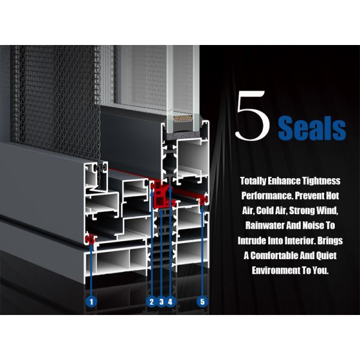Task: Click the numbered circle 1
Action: tap(92, 301)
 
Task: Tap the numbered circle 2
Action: tap(151, 301)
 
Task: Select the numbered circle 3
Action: tap(161, 301)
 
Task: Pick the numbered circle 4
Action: tap(170, 301)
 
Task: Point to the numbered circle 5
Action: tap(202, 301)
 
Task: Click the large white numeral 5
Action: tap(253, 115)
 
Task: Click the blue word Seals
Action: tap(312, 128)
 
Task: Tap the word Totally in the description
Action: tap(253, 181)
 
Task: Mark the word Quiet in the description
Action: tap(326, 256)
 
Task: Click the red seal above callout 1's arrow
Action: tap(90, 239)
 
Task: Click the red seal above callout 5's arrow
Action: tap(203, 200)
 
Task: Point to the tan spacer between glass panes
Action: tap(183, 119)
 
